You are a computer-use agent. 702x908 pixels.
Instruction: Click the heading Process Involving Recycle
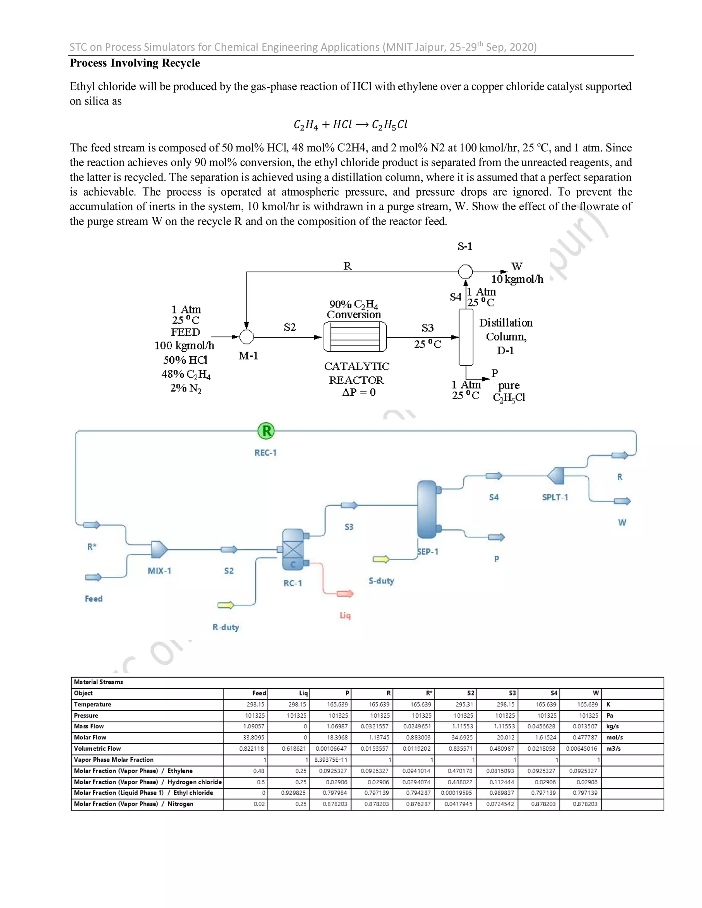[135, 63]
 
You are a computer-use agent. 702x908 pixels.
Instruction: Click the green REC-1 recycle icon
[266, 431]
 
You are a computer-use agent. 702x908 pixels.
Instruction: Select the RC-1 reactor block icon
[293, 550]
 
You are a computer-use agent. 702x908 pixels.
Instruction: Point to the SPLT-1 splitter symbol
[556, 476]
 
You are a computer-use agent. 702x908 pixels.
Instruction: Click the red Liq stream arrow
[345, 594]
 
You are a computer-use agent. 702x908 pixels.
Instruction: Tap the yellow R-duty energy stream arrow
[226, 605]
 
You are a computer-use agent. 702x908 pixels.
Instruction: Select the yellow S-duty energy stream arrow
[381, 560]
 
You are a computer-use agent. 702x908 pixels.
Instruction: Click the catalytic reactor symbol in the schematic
[355, 337]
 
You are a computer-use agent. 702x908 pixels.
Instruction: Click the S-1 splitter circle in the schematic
[465, 272]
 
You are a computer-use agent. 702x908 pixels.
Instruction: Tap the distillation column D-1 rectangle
[466, 337]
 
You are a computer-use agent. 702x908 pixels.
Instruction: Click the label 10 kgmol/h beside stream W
[517, 279]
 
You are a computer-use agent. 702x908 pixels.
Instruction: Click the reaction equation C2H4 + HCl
[351, 124]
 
